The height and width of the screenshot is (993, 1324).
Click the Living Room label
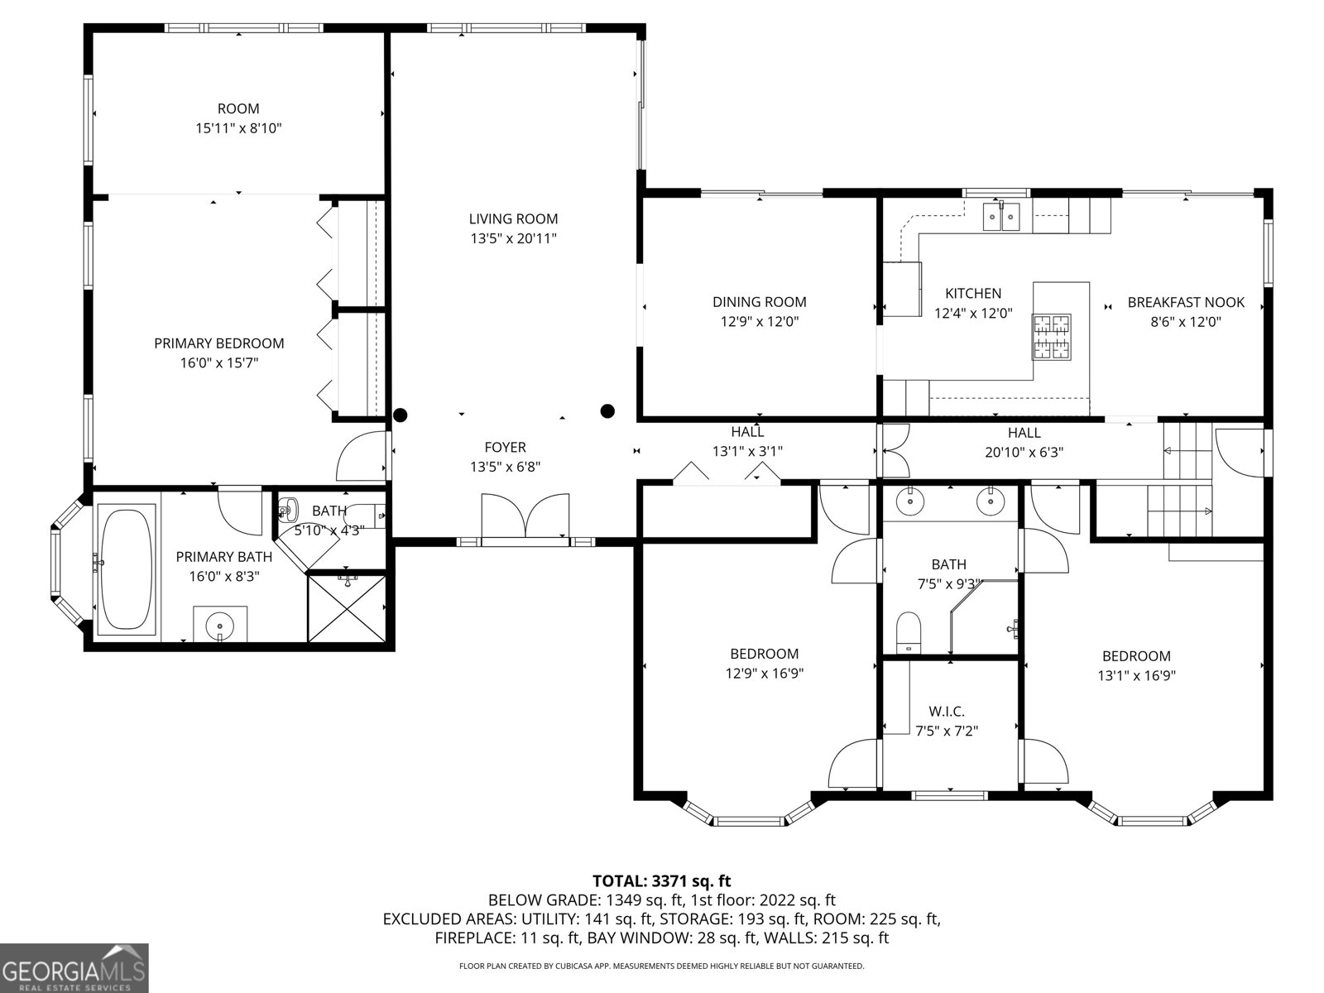pos(513,219)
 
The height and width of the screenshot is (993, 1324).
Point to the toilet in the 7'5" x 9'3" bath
pos(909,632)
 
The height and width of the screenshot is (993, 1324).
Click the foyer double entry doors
pos(525,517)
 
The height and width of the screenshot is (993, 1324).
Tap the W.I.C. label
pos(947,712)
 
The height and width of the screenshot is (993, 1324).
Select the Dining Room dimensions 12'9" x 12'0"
pos(759,322)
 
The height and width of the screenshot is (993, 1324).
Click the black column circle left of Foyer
pos(401,415)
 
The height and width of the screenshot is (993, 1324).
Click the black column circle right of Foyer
pos(607,410)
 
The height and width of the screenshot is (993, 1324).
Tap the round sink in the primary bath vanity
pos(220,622)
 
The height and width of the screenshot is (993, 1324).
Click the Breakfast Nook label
pos(1185,303)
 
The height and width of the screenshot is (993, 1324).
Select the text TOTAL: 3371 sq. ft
pos(661,881)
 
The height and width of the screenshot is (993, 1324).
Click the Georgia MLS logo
pos(74,967)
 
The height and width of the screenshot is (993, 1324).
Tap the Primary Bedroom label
pos(219,343)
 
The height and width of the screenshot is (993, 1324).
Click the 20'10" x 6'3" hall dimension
pos(1024,453)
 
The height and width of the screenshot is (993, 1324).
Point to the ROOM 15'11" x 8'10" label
pos(238,118)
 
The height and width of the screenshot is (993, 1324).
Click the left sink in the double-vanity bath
pos(911,500)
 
